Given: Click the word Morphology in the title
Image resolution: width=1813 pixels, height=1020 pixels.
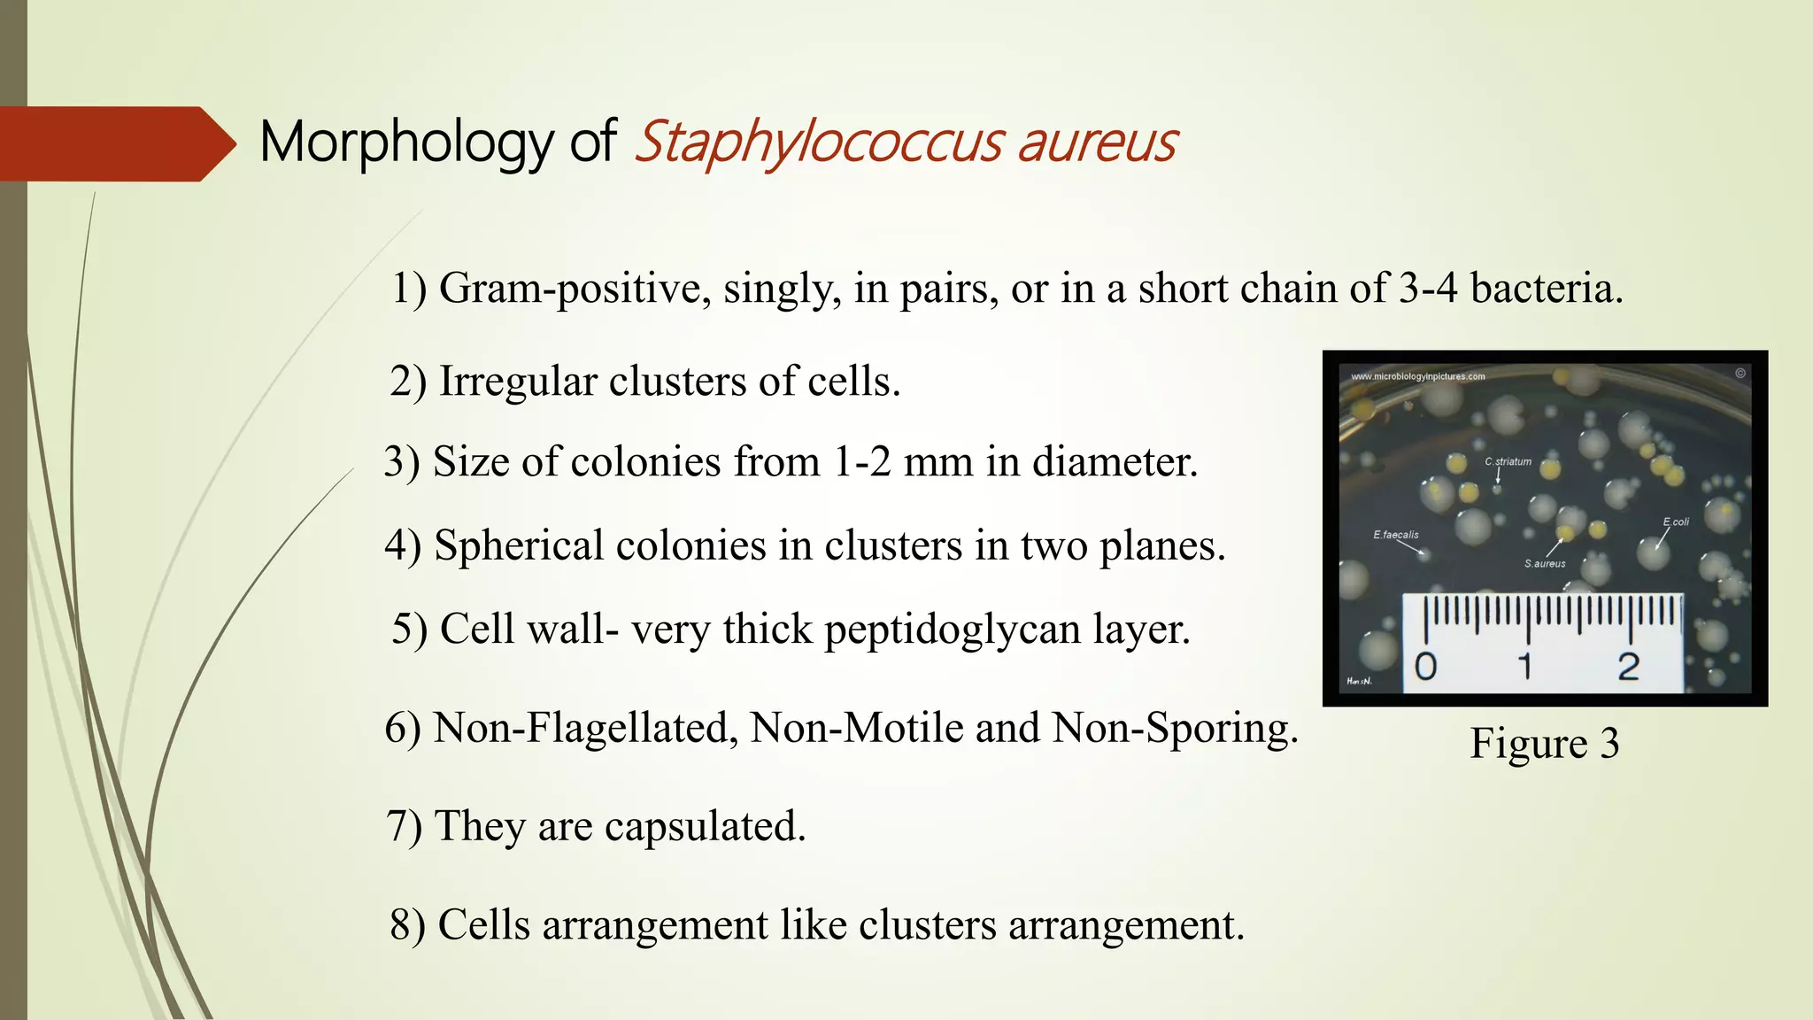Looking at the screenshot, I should pyautogui.click(x=406, y=143).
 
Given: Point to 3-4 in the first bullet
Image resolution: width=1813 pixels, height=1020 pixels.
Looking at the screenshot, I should pyautogui.click(x=1427, y=289).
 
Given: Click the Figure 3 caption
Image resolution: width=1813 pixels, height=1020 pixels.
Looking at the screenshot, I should pyautogui.click(x=1544, y=743).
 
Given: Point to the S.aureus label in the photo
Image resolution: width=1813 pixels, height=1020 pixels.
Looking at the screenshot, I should pyautogui.click(x=1545, y=564).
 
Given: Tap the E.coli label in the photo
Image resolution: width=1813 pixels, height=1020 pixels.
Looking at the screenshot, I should pyautogui.click(x=1676, y=522).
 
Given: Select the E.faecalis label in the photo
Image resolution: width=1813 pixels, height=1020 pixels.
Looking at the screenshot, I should pyautogui.click(x=1396, y=535).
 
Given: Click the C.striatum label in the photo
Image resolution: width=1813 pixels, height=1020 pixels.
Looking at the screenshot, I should pyautogui.click(x=1508, y=462).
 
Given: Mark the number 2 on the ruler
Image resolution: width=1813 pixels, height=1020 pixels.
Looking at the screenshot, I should pyautogui.click(x=1628, y=667).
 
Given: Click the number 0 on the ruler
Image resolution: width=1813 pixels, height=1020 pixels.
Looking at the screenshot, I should pyautogui.click(x=1425, y=667).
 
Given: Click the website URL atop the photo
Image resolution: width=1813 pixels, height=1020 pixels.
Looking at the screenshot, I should pyautogui.click(x=1417, y=376).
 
